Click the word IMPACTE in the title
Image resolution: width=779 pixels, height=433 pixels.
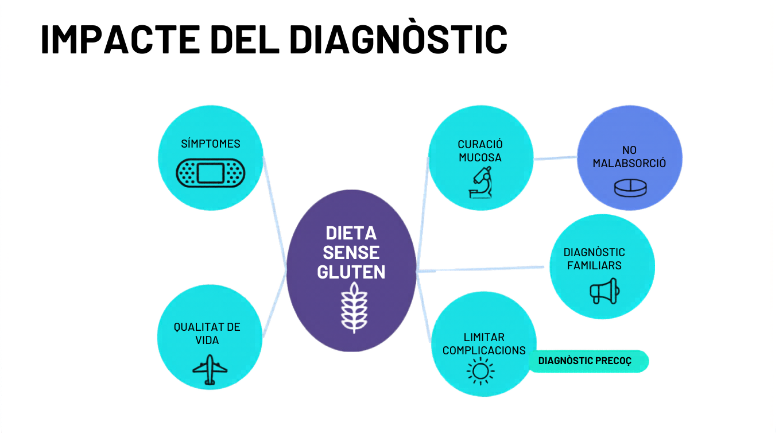(x=121, y=39)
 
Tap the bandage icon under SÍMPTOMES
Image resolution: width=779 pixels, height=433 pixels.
(x=211, y=173)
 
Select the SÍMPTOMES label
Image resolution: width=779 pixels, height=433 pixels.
(x=211, y=144)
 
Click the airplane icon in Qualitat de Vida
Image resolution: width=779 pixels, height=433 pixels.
(x=210, y=369)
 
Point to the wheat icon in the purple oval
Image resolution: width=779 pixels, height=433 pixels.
(x=354, y=307)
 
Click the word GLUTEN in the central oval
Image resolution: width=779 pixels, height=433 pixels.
(x=351, y=272)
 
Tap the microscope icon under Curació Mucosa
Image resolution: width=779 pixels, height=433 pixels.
(x=481, y=182)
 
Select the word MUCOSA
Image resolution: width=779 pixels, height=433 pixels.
(x=480, y=157)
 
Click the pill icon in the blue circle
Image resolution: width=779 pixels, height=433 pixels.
(x=630, y=188)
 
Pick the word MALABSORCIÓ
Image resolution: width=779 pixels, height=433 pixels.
(x=630, y=163)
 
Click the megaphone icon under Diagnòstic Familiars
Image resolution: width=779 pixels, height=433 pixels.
(x=604, y=291)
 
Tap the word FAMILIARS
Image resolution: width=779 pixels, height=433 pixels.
(x=594, y=265)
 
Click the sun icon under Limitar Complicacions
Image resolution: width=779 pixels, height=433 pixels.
(x=480, y=371)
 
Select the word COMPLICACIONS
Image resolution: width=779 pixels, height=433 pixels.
(x=484, y=350)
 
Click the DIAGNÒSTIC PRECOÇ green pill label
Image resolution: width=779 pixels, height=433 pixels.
(x=588, y=361)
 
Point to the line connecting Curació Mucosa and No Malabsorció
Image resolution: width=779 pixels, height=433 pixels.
(x=555, y=158)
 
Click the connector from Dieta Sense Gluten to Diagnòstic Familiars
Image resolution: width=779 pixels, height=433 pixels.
(x=480, y=269)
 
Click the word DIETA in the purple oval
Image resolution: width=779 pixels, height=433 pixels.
(x=351, y=233)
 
